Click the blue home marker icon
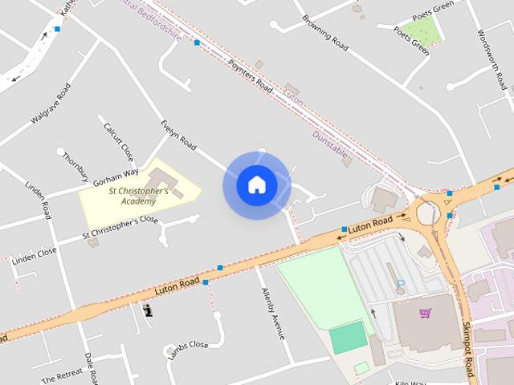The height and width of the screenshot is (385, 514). click(257, 185)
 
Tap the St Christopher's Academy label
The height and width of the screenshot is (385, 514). click(138, 197)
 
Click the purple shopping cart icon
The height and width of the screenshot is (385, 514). click(425, 313)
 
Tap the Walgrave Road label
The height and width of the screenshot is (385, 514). click(51, 103)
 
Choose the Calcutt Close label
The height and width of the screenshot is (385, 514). click(118, 140)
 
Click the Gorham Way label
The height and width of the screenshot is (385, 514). click(116, 174)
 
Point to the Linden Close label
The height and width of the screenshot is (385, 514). click(35, 253)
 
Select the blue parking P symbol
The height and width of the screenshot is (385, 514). click(400, 283)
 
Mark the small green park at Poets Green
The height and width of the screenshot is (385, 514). click(426, 30)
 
